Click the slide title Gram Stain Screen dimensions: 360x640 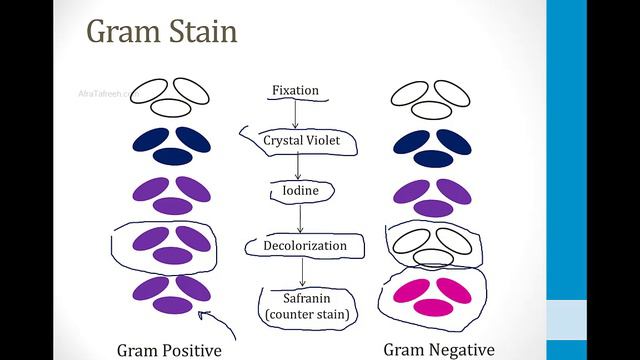162,32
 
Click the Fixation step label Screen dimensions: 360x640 295,91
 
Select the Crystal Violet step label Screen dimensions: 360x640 302,141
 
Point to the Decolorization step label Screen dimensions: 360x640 304,246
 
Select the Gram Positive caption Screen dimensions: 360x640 169,350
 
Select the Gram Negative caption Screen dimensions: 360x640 439,349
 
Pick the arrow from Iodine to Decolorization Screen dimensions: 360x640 299,218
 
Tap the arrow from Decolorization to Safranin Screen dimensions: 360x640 303,271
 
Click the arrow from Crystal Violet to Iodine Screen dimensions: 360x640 297,165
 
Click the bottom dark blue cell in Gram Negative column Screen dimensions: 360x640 430,157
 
